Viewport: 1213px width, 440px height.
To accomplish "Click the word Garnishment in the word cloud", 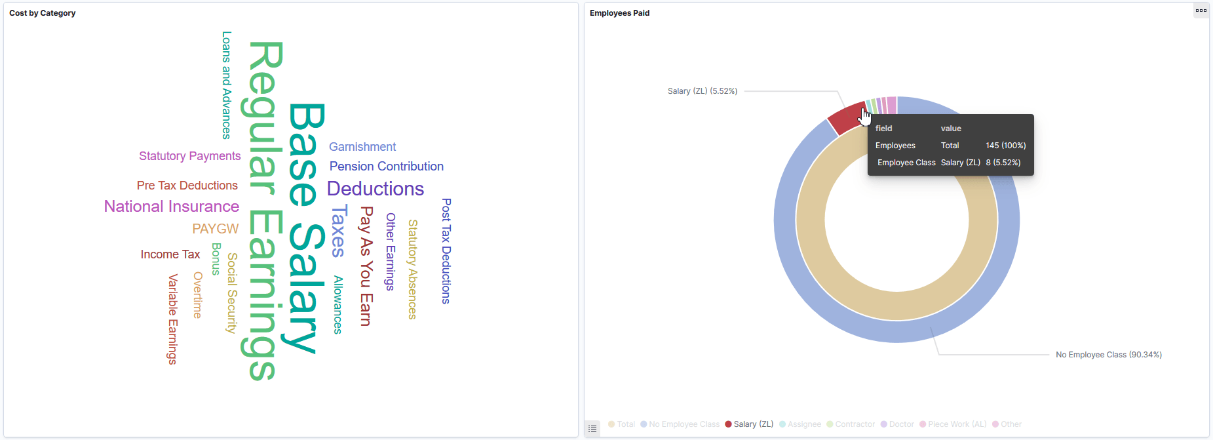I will [x=362, y=147].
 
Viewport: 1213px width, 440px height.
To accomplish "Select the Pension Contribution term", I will [x=386, y=167].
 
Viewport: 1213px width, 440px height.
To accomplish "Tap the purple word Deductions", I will [x=375, y=189].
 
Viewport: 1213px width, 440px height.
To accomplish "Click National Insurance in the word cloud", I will [x=172, y=207].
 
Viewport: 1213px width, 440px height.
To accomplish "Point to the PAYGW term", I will [x=215, y=229].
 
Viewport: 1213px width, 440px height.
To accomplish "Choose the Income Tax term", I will [x=170, y=254].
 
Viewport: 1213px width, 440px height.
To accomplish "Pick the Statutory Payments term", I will [x=189, y=156].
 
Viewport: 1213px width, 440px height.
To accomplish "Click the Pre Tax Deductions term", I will [x=187, y=186].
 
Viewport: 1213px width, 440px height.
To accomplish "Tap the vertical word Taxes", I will [x=338, y=231].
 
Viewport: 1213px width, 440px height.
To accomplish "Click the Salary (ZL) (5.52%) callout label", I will [x=702, y=91].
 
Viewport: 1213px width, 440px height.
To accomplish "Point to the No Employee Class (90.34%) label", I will [x=1108, y=355].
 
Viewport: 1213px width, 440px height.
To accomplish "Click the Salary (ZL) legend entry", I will [x=753, y=424].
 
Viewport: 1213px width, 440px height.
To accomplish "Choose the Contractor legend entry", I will [x=855, y=424].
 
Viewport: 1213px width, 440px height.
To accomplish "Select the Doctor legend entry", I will [x=901, y=424].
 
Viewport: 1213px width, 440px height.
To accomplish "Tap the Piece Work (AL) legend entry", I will [x=957, y=424].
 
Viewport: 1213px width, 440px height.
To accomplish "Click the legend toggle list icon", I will [x=592, y=429].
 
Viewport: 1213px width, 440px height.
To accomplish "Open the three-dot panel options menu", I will [x=1201, y=10].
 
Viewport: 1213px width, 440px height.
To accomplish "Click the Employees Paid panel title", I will [x=619, y=13].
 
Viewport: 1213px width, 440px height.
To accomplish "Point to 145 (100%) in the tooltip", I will [x=1005, y=146].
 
